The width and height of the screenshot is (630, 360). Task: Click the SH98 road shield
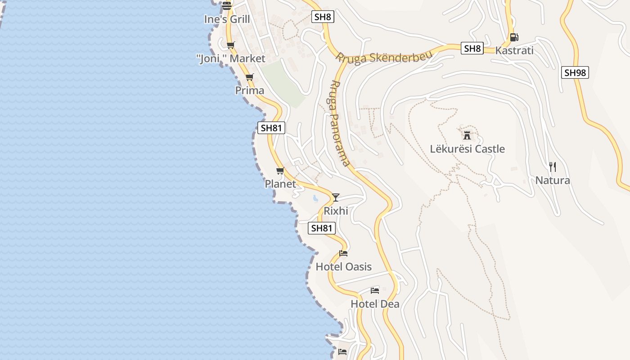point(575,72)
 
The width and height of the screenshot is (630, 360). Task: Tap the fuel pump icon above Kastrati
point(514,37)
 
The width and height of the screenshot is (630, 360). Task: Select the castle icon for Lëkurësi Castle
point(467,135)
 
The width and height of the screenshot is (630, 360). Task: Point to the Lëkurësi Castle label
point(467,149)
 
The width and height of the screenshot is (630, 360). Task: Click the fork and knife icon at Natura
point(553,167)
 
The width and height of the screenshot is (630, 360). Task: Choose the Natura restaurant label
point(553,180)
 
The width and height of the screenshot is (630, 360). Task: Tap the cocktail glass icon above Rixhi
point(336,197)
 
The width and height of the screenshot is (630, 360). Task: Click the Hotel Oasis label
point(343,267)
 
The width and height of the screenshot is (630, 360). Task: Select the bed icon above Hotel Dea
point(375,290)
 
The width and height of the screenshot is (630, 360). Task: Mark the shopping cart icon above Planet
point(280,171)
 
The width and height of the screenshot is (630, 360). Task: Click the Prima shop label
point(250,90)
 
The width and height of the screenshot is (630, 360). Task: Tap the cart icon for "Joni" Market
point(231,45)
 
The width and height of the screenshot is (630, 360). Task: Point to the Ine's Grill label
point(227,19)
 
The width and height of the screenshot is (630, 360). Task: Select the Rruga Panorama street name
point(340,123)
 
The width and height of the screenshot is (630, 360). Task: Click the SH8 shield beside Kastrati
point(472,49)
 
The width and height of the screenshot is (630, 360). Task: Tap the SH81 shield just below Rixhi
point(321,228)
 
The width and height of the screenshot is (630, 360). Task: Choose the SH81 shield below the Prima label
point(271,128)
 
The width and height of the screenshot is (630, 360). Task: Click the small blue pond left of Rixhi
point(315,198)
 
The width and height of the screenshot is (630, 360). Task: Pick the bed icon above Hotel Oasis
point(343,253)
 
